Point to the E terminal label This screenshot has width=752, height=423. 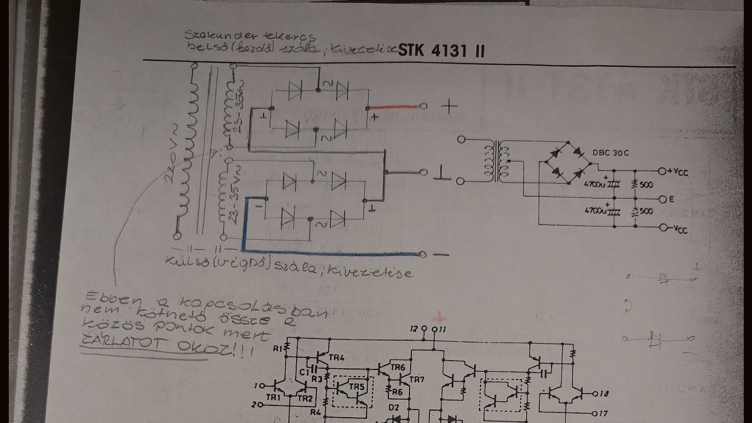[x=671, y=200]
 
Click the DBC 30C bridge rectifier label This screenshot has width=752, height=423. [x=610, y=153]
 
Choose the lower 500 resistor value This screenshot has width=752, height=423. [x=646, y=211]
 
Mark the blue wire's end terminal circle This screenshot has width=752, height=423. [x=422, y=254]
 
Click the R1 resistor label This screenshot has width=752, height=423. [x=277, y=349]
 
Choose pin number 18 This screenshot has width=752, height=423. [x=604, y=394]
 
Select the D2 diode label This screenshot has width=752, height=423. [x=394, y=407]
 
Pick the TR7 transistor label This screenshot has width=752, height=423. [x=416, y=380]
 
